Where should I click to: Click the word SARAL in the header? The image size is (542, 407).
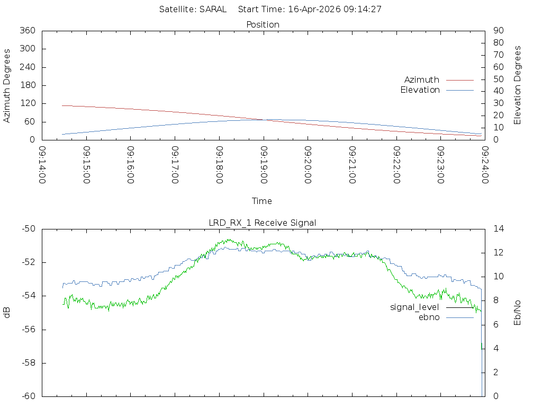212,10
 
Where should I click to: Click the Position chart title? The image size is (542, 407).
263,25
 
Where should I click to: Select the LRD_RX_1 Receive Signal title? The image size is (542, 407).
263,223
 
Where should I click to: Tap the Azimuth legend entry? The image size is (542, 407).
422,80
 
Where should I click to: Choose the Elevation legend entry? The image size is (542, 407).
420,90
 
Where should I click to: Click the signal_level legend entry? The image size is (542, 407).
414,307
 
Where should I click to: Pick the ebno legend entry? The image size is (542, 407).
429,317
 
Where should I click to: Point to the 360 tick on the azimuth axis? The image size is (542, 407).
27,31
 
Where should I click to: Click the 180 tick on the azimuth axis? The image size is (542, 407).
27,85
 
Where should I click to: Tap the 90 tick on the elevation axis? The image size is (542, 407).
497,31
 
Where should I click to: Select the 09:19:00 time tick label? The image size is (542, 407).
264,165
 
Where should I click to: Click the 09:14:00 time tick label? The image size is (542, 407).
42,165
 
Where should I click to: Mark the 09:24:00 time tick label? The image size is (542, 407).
484,165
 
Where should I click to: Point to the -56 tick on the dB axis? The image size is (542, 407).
27,330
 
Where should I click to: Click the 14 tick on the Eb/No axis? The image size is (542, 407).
498,229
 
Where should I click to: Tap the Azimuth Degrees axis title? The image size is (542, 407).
7,85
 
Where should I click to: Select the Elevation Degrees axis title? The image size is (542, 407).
518,85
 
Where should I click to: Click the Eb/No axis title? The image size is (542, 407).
518,313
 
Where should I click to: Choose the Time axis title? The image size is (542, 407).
262,201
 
